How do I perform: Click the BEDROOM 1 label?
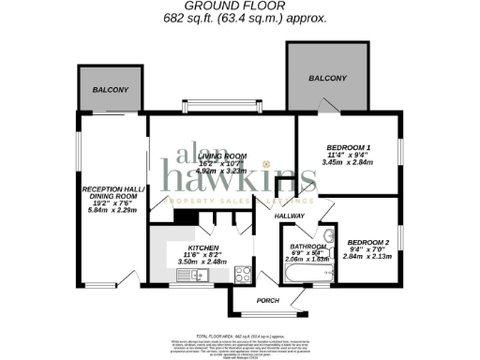click(348, 148)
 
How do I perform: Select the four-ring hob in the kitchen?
click(242, 275)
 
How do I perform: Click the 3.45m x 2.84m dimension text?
click(348, 162)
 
